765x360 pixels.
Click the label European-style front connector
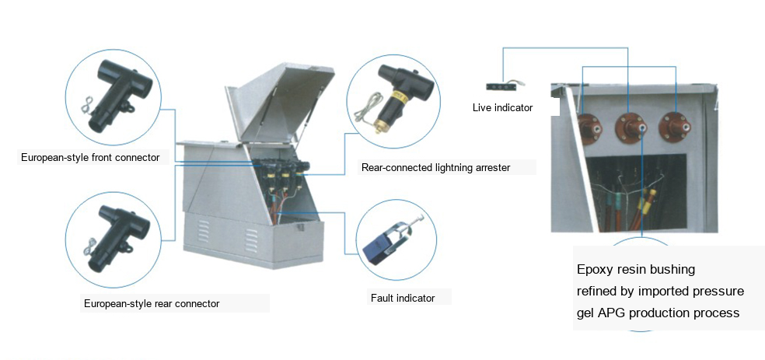coord(90,158)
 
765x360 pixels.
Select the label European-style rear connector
coord(152,303)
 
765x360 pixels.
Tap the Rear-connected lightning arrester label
coord(435,167)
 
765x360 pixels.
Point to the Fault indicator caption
coord(403,298)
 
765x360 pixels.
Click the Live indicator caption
coord(502,108)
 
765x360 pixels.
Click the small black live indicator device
coord(501,87)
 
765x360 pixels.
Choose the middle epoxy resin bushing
coord(632,128)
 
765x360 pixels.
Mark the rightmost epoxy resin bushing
coord(675,127)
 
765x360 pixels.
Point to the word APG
coord(612,313)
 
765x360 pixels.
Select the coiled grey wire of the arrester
coord(368,107)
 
